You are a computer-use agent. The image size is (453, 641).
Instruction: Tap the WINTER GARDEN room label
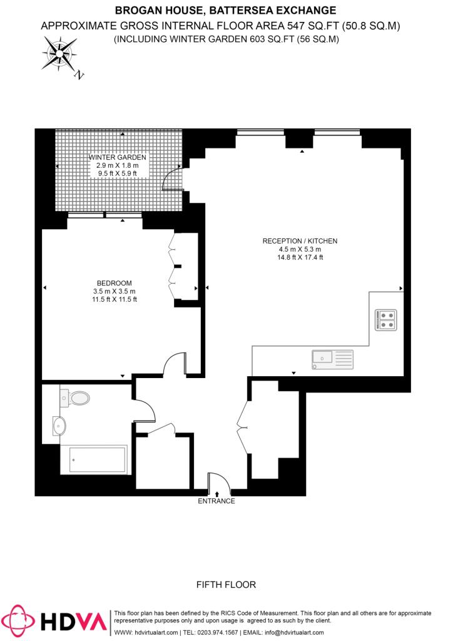[x=117, y=157]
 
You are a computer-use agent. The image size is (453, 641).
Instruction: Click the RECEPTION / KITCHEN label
[x=300, y=241]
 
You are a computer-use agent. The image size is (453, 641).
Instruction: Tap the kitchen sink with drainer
[x=332, y=359]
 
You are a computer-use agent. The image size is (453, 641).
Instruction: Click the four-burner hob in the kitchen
[x=385, y=320]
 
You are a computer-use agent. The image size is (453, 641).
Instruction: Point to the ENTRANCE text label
[x=216, y=501]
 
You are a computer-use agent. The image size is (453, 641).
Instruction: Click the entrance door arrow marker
[x=216, y=495]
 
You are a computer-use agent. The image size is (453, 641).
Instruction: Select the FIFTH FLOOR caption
[x=227, y=585]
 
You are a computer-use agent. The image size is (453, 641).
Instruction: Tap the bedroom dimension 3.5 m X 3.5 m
[x=114, y=291]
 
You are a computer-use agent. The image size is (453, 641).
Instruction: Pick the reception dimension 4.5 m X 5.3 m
[x=300, y=249]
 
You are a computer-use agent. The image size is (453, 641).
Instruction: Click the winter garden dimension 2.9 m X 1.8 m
[x=117, y=165]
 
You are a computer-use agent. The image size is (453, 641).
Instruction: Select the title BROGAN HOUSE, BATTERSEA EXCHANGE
[x=226, y=10]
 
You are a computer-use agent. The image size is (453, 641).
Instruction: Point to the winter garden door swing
[x=171, y=180]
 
